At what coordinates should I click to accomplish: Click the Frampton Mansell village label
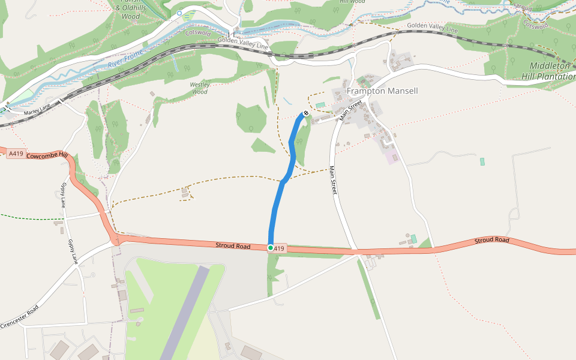(382, 91)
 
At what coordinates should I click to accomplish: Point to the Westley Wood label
(199, 88)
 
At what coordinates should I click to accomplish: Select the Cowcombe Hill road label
(47, 155)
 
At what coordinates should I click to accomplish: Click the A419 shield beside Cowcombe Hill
(16, 154)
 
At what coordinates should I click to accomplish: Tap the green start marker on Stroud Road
(271, 247)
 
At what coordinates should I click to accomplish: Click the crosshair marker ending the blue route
(306, 113)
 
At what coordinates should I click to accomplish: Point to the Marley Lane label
(37, 111)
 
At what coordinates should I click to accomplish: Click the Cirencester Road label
(20, 316)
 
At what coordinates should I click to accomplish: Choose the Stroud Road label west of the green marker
(233, 245)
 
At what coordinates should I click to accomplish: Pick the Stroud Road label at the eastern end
(492, 240)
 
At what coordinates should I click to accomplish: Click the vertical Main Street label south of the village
(334, 180)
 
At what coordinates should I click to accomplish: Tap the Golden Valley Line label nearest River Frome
(243, 43)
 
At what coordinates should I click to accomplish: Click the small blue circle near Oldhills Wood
(179, 13)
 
